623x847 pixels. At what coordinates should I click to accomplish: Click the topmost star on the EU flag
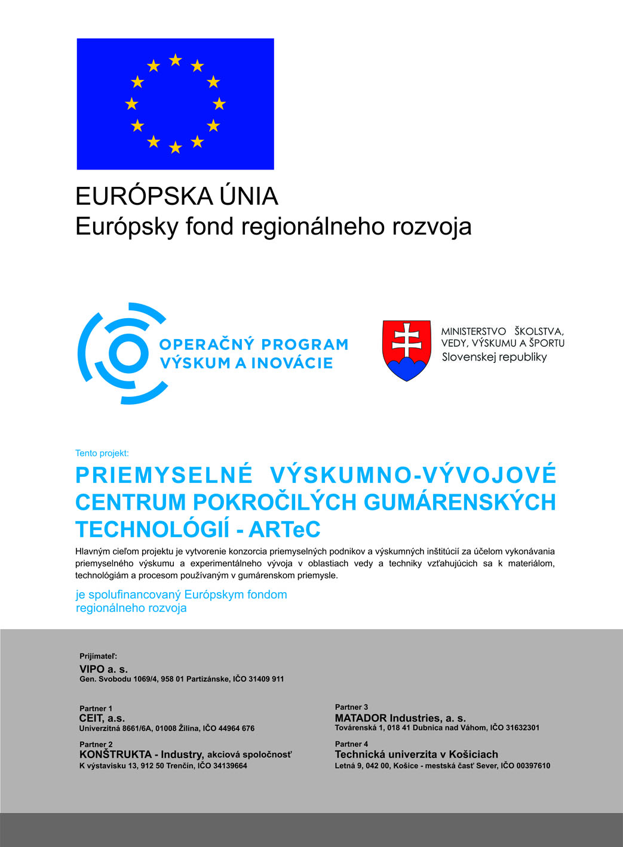(x=175, y=60)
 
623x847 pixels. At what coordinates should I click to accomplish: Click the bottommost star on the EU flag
(x=175, y=147)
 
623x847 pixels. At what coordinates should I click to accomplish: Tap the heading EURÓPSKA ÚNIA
(x=177, y=196)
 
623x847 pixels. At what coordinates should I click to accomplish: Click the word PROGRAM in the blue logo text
(x=305, y=344)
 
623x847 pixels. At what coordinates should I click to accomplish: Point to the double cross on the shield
(x=407, y=340)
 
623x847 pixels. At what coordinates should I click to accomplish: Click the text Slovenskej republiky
(x=494, y=357)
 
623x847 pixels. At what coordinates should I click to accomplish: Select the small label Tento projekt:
(x=102, y=453)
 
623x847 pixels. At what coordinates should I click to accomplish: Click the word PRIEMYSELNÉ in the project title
(x=164, y=475)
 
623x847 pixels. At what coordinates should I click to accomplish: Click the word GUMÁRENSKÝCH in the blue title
(x=459, y=502)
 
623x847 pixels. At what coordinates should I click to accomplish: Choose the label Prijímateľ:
(x=99, y=656)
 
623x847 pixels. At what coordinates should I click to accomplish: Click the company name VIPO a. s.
(x=103, y=669)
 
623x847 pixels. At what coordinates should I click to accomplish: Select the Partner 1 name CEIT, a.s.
(x=102, y=718)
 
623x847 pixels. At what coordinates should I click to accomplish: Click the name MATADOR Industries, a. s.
(x=400, y=718)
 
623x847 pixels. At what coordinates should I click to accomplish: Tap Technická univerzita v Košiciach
(x=416, y=754)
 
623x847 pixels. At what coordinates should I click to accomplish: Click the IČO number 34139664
(x=230, y=766)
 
